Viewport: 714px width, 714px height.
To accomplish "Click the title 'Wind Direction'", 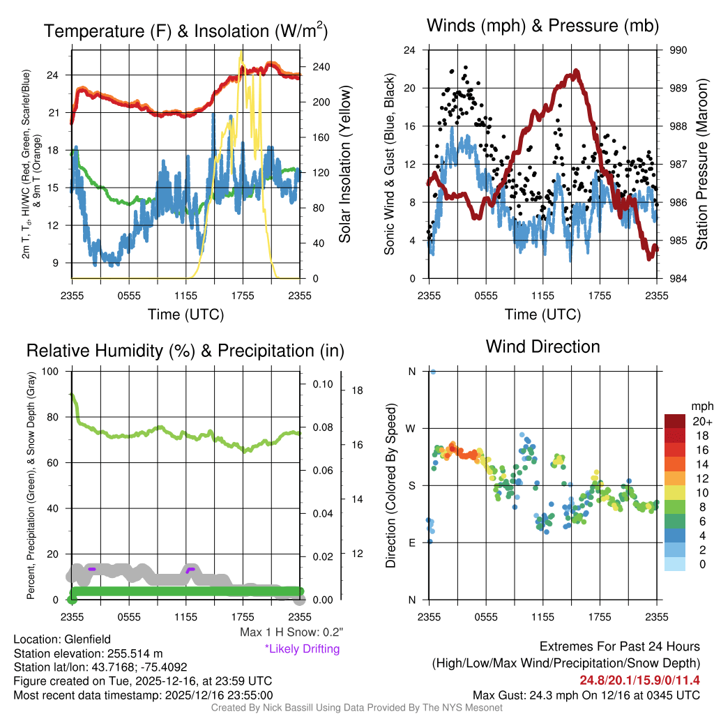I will point(542,347).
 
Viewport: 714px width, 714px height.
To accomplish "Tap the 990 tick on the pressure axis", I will point(678,50).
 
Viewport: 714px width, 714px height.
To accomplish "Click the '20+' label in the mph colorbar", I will point(701,421).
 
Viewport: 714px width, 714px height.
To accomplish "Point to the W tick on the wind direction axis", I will point(411,428).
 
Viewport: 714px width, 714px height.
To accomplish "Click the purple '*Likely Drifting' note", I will point(302,648).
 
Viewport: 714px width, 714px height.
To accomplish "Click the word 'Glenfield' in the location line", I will point(87,639).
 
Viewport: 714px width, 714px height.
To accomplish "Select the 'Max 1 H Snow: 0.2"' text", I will point(291,632).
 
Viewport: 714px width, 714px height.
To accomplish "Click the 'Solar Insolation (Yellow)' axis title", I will point(344,165).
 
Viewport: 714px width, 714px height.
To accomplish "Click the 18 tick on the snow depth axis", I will point(357,390).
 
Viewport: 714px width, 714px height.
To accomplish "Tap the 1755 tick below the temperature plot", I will point(242,294).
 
